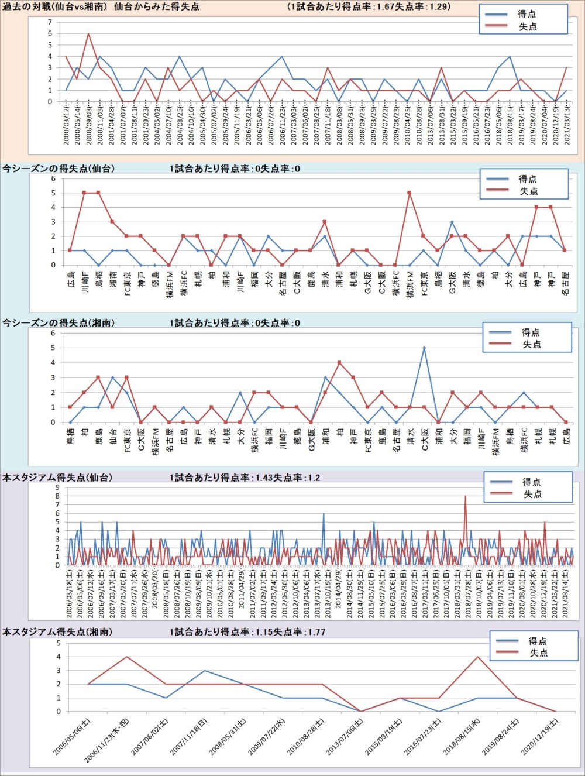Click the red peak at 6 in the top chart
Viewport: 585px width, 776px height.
88,34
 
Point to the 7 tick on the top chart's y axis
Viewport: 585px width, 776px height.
50,23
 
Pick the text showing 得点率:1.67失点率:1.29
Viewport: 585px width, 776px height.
369,7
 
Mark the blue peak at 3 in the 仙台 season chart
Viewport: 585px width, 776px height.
452,222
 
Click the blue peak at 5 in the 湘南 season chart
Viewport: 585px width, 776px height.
424,348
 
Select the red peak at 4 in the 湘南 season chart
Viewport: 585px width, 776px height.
339,363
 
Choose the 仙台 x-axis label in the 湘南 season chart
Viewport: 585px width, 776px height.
113,435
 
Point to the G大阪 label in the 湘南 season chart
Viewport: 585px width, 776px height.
311,439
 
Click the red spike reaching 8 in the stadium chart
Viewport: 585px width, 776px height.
466,496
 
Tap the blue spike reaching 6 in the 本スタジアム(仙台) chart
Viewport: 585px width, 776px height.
324,514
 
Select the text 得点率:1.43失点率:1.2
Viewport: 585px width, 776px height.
245,478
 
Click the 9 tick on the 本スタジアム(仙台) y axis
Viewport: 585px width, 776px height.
57,487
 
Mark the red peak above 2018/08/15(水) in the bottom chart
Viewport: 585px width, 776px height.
478,657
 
